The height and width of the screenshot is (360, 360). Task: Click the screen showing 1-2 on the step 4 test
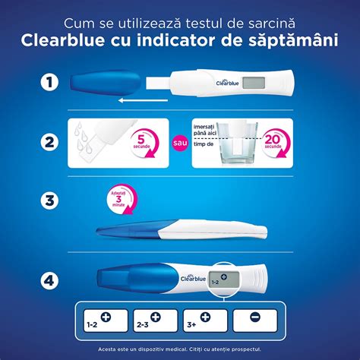[219, 279]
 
